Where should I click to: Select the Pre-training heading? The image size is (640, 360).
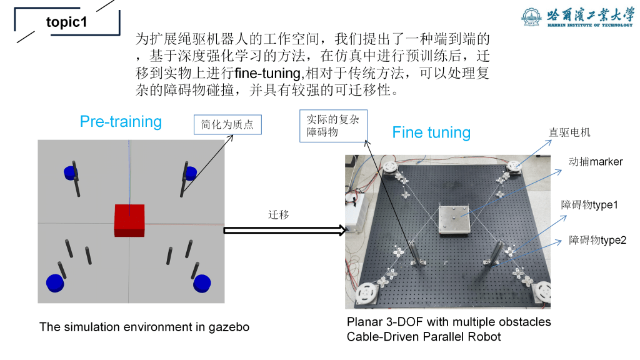(x=121, y=121)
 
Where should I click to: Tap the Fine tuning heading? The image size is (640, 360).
(x=431, y=132)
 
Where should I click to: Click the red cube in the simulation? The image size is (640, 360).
(x=129, y=220)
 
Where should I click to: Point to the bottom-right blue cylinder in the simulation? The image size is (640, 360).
(x=201, y=283)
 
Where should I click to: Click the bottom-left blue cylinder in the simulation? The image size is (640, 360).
(x=56, y=282)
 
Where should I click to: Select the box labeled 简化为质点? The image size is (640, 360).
(x=227, y=125)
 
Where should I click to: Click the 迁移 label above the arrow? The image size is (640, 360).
(x=279, y=214)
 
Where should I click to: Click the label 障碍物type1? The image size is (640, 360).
(x=589, y=204)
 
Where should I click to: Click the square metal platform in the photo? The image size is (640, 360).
(x=454, y=219)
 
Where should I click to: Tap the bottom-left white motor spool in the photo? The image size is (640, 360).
(x=365, y=292)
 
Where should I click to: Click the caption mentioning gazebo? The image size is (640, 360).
(x=144, y=327)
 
